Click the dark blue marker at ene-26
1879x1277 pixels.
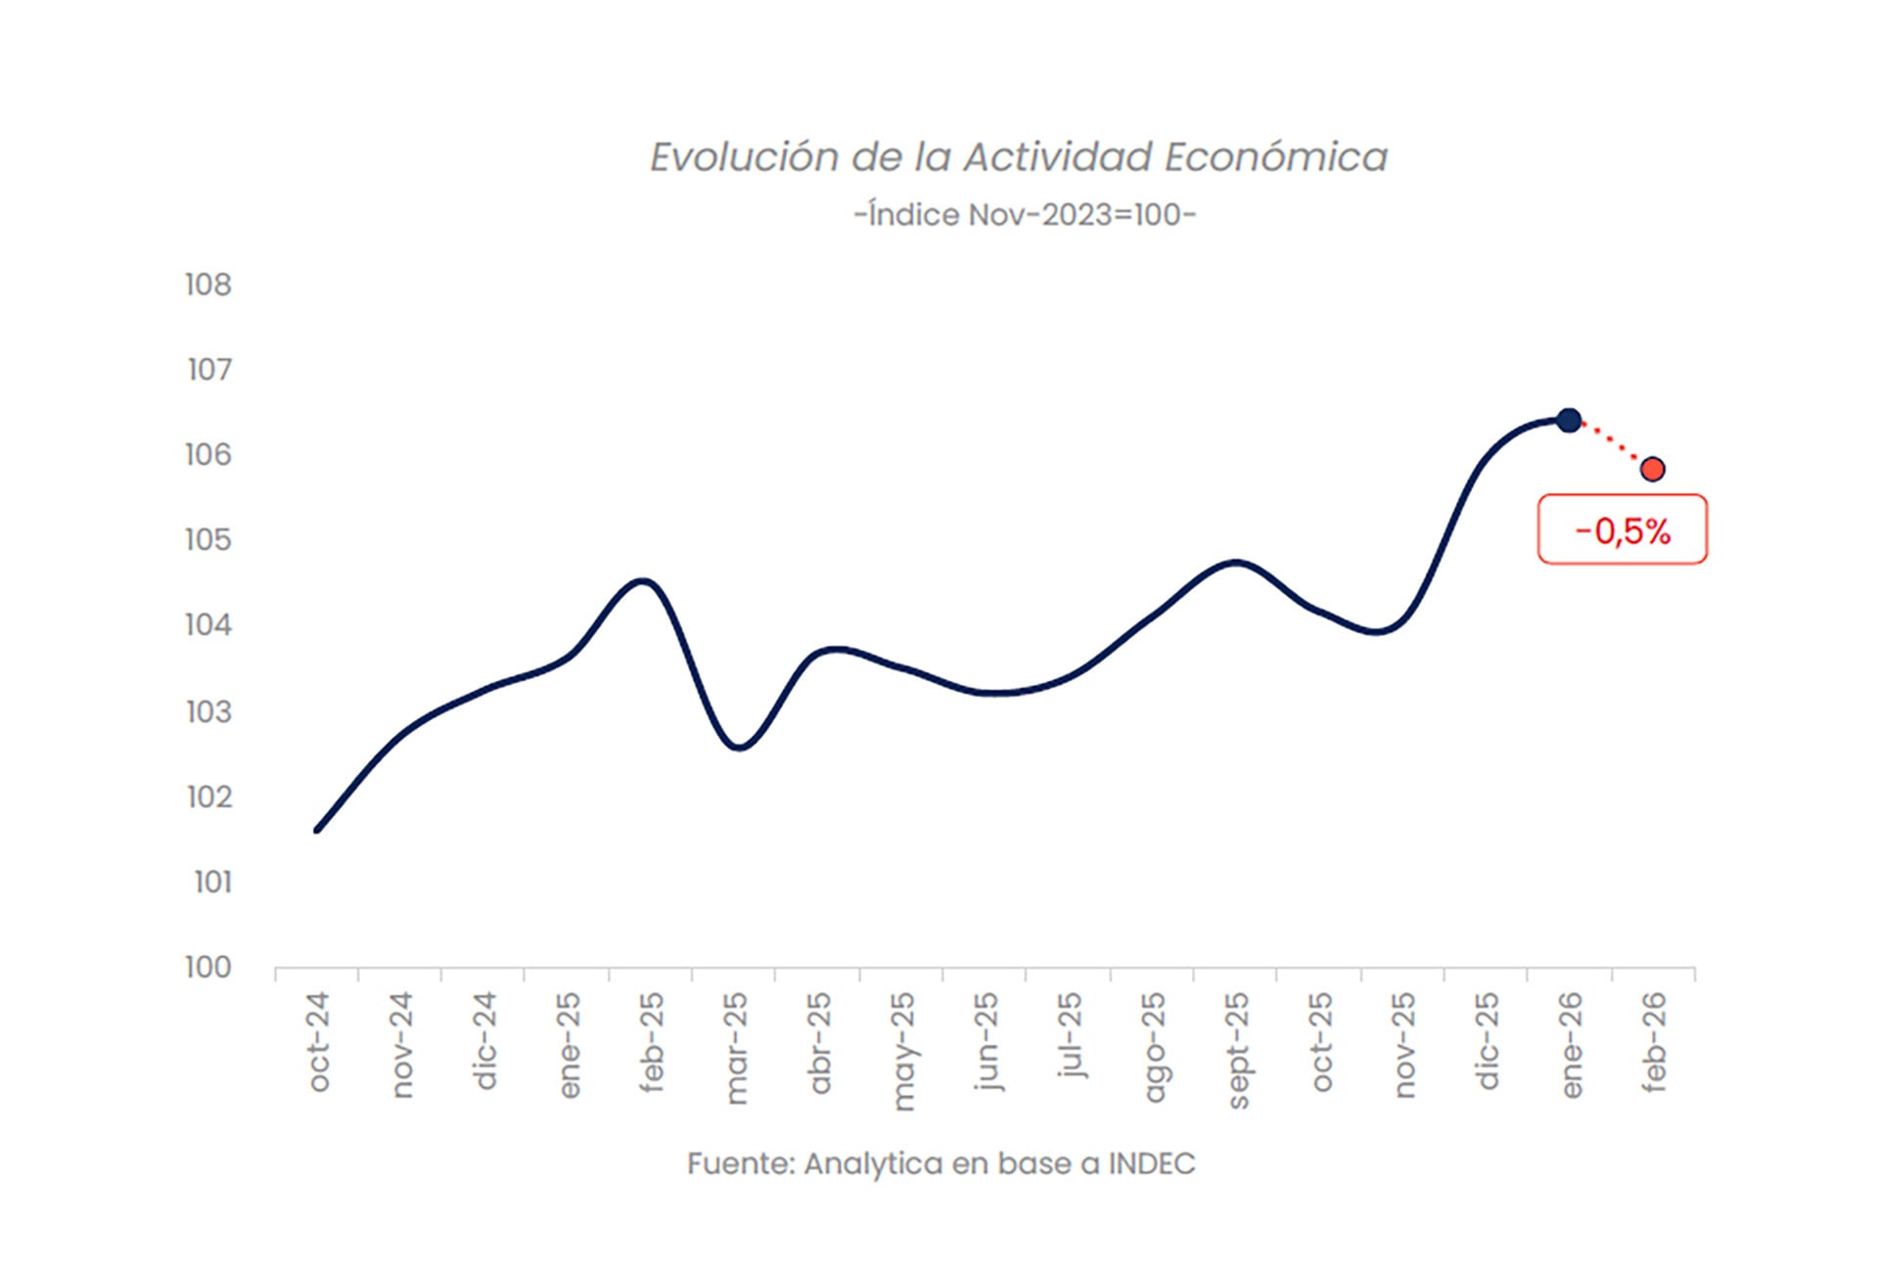point(1569,421)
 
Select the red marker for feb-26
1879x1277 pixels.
point(1653,470)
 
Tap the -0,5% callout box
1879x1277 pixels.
point(1622,530)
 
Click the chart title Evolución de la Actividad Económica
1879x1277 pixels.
point(1019,158)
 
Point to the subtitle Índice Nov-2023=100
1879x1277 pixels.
point(1025,214)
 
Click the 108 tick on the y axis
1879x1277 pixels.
point(208,285)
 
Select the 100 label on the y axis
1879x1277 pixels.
point(208,967)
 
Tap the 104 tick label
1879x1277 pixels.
point(208,624)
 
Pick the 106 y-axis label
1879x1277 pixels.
point(208,454)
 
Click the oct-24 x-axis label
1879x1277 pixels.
point(319,1041)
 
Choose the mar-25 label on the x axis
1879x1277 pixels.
point(736,1047)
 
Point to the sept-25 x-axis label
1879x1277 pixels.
point(1238,1050)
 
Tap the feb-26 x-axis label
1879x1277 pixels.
point(1654,1041)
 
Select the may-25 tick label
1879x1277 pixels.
point(903,1051)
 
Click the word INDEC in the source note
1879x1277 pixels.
point(1151,1163)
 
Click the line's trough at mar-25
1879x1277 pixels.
point(739,748)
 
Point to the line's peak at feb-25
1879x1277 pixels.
point(644,581)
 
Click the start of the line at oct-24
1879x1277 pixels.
point(317,830)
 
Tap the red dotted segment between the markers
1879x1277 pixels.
point(1612,445)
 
